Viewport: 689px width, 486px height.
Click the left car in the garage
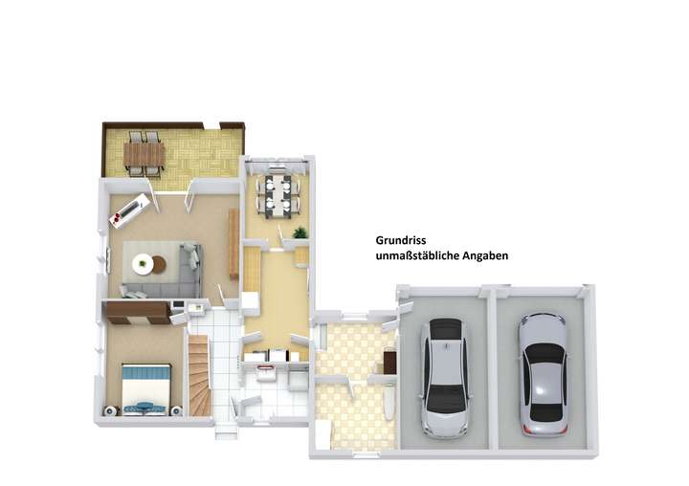click(444, 376)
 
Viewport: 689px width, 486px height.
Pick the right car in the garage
click(543, 374)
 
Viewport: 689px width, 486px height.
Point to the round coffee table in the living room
click(144, 263)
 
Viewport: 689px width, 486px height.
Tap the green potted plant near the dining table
click(300, 232)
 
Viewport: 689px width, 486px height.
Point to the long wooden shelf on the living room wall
click(233, 244)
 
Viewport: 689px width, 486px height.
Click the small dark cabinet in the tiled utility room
click(389, 362)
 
